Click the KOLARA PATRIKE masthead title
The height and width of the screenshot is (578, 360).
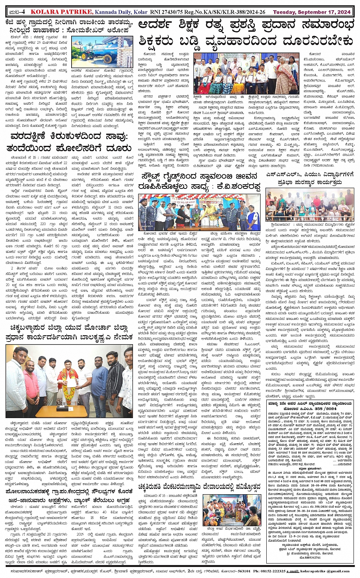63,12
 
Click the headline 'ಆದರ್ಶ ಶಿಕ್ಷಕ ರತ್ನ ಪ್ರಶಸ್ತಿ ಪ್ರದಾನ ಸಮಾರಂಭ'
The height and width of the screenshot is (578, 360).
246,25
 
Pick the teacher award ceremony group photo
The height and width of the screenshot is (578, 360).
234,73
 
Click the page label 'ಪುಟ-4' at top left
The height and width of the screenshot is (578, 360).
15,12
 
